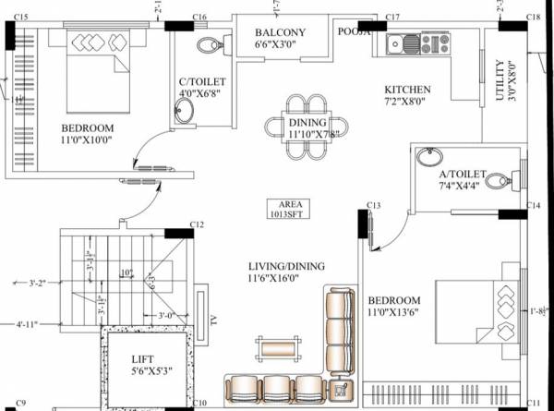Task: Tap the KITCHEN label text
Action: (x=407, y=90)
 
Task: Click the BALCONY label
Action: (x=280, y=33)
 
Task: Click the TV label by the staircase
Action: (x=214, y=320)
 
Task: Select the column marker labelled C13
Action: (x=373, y=204)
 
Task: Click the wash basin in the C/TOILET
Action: (x=186, y=111)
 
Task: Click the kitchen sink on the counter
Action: (x=405, y=42)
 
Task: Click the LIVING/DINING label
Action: (x=286, y=266)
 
